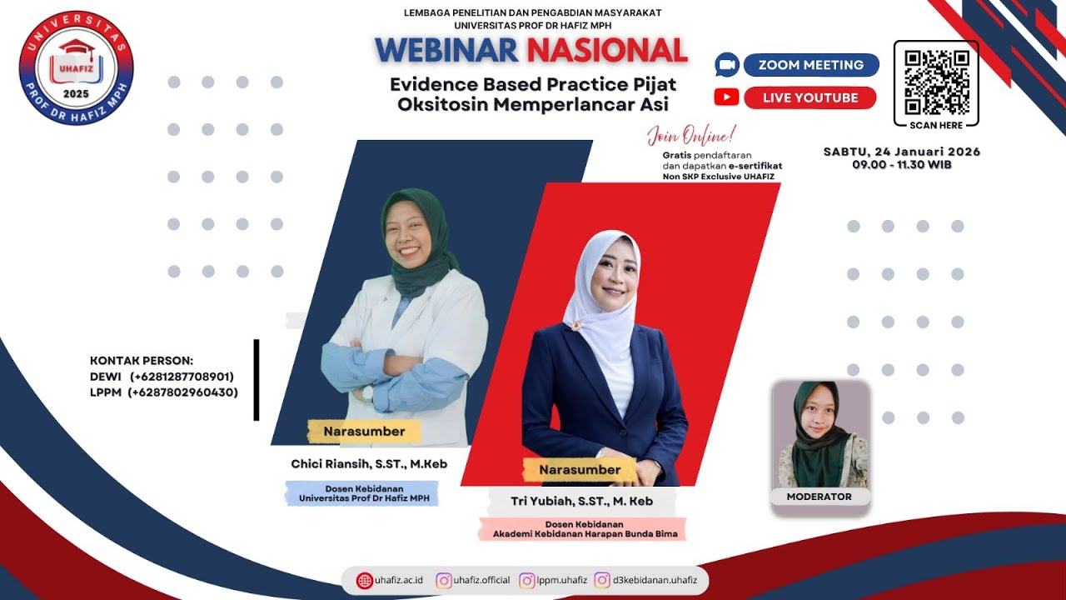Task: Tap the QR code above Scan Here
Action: pos(937,82)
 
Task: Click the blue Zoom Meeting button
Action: pos(810,65)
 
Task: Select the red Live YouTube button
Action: pos(810,97)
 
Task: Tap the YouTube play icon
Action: pos(726,97)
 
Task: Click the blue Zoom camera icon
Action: pos(727,65)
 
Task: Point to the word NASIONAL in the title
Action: pos(606,51)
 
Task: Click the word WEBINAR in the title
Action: pos(446,51)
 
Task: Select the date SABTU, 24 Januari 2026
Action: pos(902,152)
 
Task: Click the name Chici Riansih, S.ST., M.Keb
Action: pos(370,463)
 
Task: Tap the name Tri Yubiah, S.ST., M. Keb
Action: pos(581,501)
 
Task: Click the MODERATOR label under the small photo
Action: pos(819,497)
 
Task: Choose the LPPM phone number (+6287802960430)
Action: pos(182,392)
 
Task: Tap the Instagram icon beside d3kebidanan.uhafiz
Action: pos(602,580)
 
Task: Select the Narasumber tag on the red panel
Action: pos(580,470)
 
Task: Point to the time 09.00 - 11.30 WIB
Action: pos(902,165)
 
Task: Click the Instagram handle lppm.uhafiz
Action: pos(562,580)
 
